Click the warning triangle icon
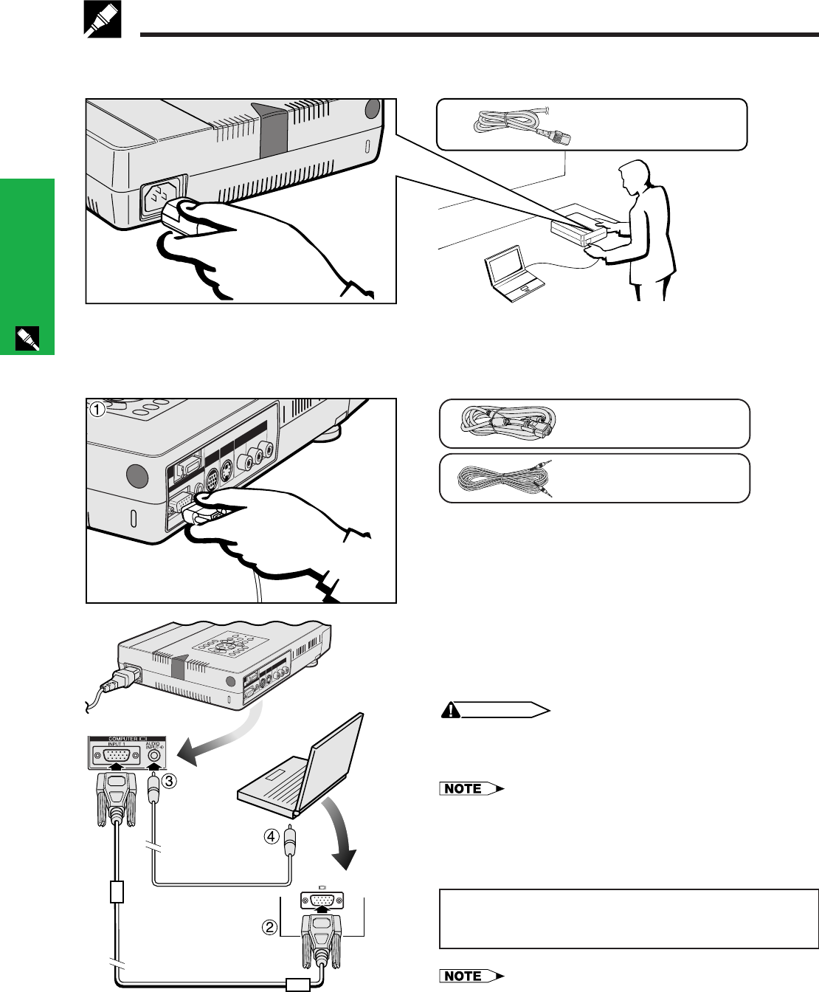tap(452, 710)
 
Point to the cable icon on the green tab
tap(27, 338)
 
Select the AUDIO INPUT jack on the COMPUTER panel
tap(154, 756)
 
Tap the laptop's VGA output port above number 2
tap(322, 901)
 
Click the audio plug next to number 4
tap(290, 841)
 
